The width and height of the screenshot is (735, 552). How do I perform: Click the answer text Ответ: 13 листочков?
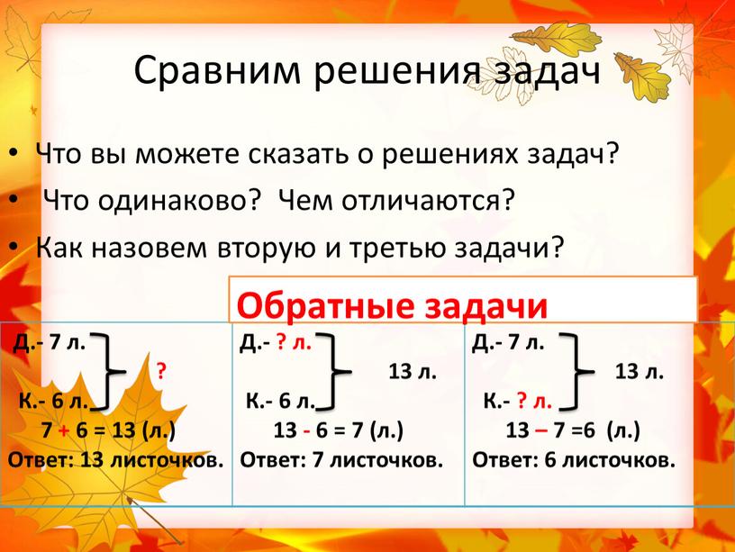click(115, 461)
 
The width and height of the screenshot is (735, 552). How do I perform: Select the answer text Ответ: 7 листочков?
click(341, 461)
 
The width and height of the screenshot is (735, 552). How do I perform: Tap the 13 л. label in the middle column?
click(413, 370)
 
